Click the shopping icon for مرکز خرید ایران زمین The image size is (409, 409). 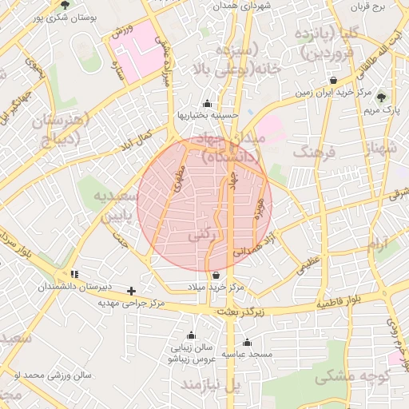333,81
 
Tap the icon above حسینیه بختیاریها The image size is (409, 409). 208,103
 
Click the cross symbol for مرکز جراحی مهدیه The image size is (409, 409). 131,291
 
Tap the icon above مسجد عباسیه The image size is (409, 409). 247,342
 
